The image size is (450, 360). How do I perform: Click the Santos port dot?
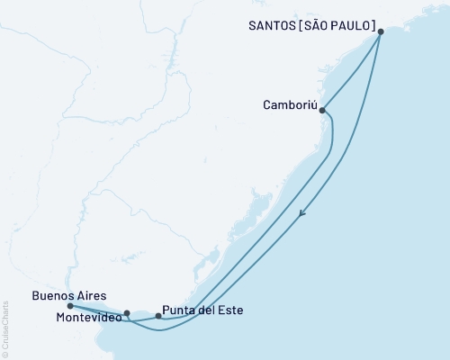coord(381,31)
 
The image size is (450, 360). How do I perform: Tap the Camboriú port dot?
coord(322,111)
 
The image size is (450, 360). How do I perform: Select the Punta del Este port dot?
coord(158,316)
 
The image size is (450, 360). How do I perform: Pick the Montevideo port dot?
coord(127,314)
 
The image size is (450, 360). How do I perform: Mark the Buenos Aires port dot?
coord(70,306)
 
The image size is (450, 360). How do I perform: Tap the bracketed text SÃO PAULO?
coord(341,26)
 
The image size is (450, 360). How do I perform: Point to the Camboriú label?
coord(288,103)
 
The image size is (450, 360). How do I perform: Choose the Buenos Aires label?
coord(69,294)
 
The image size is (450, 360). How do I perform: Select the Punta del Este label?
coord(203,310)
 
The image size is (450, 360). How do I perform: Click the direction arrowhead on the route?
coord(302,213)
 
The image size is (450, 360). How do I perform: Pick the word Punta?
coord(180,310)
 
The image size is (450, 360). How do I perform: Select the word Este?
coord(230,310)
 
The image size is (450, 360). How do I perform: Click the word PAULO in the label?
coord(354,26)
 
